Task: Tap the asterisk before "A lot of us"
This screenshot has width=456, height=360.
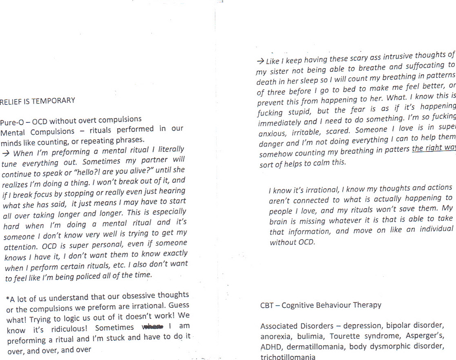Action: (8, 299)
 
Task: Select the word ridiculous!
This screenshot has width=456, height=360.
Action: (69, 328)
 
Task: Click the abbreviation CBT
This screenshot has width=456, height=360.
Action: (266, 305)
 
